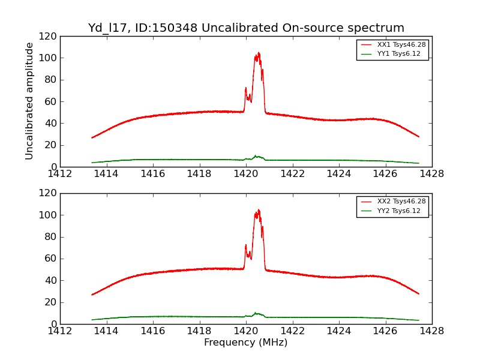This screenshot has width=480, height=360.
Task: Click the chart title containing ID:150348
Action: tap(246, 28)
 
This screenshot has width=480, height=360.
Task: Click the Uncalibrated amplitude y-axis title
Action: tap(29, 101)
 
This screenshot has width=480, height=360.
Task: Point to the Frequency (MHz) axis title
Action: tap(246, 343)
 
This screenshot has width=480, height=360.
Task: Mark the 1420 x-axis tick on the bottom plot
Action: tap(246, 331)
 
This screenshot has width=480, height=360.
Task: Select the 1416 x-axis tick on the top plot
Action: tap(153, 174)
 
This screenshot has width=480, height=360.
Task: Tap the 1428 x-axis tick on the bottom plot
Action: tap(431, 331)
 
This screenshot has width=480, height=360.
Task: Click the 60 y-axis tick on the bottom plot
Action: tap(52, 259)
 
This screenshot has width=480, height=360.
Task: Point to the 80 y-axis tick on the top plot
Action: tap(52, 80)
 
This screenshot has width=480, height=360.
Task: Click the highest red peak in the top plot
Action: tap(259, 53)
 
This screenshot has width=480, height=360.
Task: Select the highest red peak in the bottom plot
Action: tap(259, 209)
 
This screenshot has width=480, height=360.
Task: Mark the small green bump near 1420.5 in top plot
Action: tap(256, 156)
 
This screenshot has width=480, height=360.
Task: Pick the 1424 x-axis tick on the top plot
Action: tap(339, 174)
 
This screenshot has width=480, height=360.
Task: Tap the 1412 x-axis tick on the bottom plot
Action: tap(60, 331)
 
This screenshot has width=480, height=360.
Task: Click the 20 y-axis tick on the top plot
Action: tap(52, 145)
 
